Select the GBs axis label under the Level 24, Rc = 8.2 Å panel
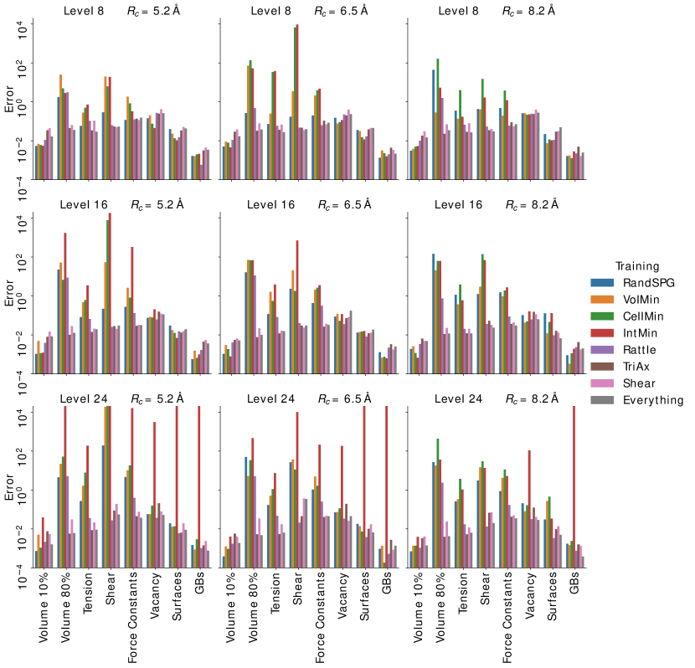point(574,586)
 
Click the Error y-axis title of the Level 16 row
point(9,298)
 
